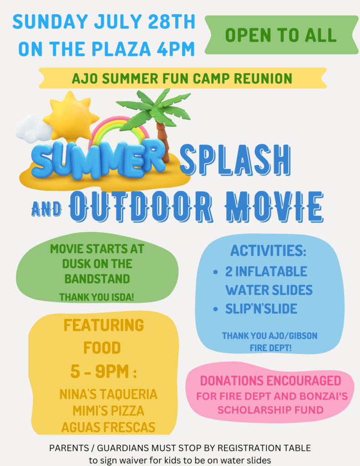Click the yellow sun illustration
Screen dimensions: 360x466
click(70, 116)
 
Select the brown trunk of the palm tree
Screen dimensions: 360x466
click(163, 140)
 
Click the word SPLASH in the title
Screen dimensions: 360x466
click(235, 160)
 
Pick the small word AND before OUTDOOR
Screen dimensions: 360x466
click(46, 209)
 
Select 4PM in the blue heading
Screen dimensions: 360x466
click(175, 49)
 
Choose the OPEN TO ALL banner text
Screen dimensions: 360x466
click(281, 35)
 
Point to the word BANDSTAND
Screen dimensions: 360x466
click(97, 279)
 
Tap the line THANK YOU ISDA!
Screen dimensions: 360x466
click(96, 297)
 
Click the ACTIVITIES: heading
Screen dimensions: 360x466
click(268, 251)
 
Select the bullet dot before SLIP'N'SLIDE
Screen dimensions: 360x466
click(216, 309)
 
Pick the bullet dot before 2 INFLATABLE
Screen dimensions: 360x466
click(216, 272)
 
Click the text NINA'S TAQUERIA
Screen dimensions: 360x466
click(108, 395)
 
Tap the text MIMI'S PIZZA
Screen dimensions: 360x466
click(108, 411)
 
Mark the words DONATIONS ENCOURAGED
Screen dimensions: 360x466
click(270, 381)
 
